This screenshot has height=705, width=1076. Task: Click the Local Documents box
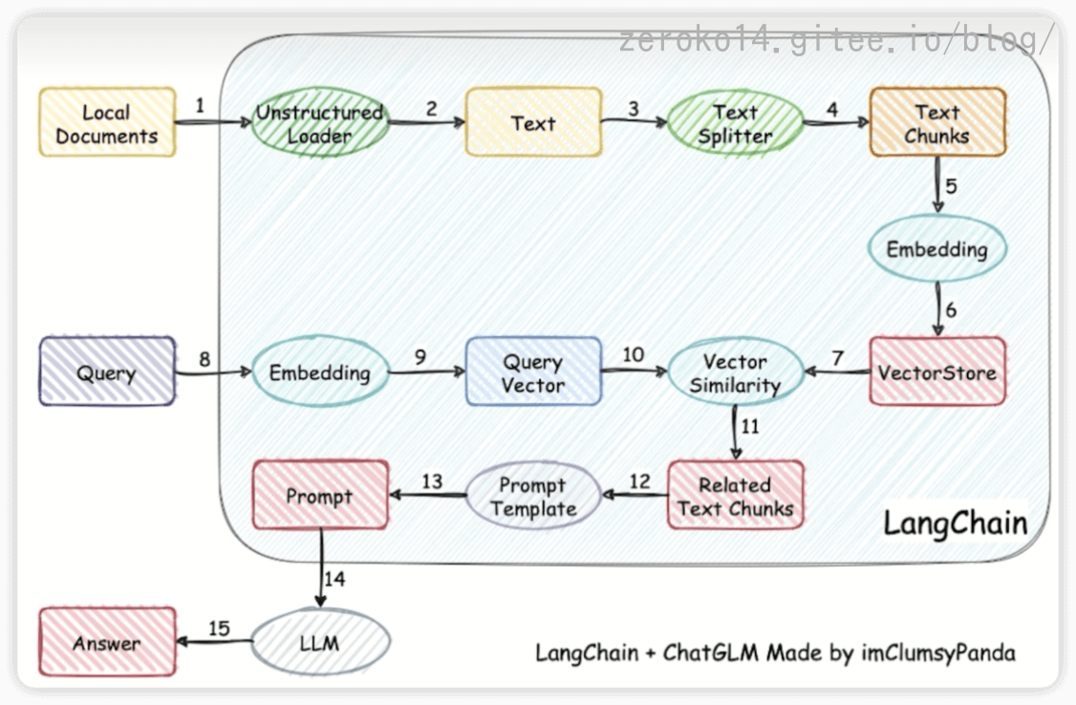(107, 123)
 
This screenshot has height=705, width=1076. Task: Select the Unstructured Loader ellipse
(318, 123)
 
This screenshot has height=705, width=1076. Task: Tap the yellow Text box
(533, 122)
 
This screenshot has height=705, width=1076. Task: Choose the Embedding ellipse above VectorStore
(936, 250)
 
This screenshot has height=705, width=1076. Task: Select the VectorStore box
(936, 372)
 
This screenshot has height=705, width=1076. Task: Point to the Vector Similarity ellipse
(735, 374)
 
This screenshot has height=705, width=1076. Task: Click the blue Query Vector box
(533, 374)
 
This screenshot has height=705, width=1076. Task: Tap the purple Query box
(107, 373)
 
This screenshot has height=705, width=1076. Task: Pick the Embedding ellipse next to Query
(319, 373)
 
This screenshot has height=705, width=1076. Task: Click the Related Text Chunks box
(735, 497)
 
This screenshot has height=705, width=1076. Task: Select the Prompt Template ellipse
(533, 497)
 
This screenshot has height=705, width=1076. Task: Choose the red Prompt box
(319, 496)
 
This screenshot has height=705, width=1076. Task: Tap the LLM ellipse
(319, 643)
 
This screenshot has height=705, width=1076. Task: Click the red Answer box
(107, 643)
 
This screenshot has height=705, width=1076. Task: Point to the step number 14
(334, 578)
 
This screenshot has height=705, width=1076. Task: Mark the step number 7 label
(837, 357)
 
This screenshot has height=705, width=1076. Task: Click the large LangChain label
(955, 523)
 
